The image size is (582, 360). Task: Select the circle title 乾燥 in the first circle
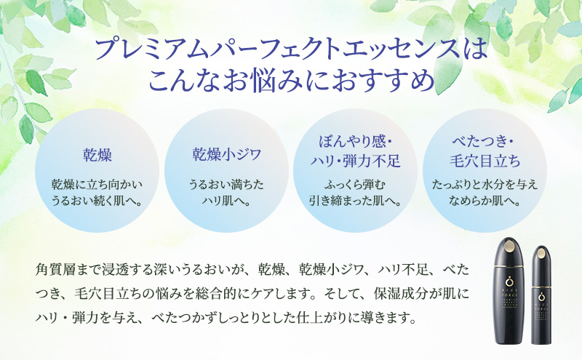click(x=97, y=155)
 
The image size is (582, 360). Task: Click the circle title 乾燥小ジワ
click(x=226, y=154)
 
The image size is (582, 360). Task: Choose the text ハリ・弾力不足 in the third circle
click(x=356, y=159)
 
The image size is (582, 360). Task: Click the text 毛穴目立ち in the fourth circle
click(x=485, y=159)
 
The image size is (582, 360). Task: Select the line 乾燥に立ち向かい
click(x=97, y=185)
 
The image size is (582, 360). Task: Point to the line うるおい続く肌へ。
click(x=97, y=201)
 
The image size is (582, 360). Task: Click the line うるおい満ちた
click(x=226, y=185)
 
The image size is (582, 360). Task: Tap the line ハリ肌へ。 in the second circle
click(x=226, y=201)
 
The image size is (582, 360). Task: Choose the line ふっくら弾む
click(x=356, y=185)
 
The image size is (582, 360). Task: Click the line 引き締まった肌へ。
click(x=356, y=201)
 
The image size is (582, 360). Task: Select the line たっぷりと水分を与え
click(x=485, y=185)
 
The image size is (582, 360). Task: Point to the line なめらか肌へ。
click(x=485, y=201)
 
